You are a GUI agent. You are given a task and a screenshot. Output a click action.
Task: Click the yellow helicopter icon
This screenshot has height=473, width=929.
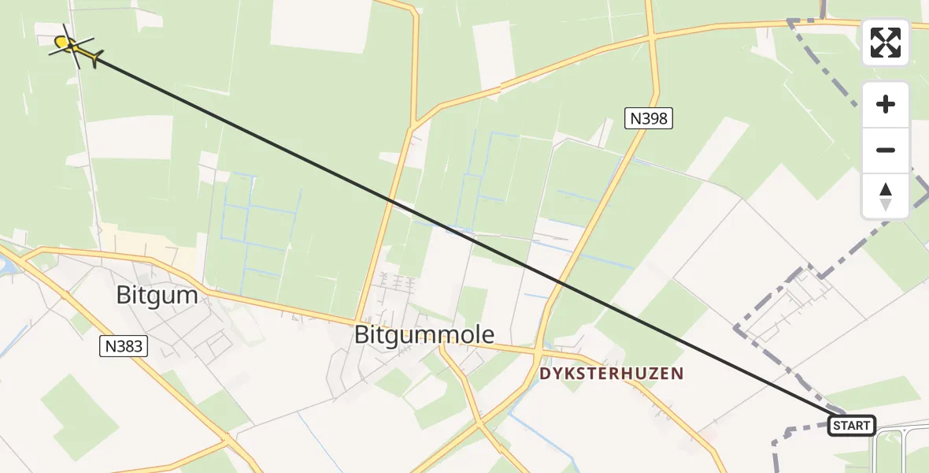74,47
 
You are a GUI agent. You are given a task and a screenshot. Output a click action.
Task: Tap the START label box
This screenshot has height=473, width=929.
852,426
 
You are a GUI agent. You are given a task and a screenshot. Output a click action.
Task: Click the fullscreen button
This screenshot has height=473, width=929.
886,43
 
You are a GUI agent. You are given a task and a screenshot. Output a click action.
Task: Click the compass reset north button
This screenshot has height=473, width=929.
886,196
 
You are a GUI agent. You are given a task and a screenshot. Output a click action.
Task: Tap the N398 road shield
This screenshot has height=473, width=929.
650,119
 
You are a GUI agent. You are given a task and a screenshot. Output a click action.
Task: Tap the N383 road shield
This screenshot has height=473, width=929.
124,345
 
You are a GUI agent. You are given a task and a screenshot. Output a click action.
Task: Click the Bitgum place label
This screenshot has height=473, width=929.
157,295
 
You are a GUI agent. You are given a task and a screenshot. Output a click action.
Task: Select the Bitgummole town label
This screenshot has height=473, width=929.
424,335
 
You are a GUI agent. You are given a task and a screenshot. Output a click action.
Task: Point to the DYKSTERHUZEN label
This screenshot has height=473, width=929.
611,374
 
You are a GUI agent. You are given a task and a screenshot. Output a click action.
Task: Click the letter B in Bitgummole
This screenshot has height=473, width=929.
362,335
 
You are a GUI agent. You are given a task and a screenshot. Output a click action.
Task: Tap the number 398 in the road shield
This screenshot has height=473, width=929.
655,119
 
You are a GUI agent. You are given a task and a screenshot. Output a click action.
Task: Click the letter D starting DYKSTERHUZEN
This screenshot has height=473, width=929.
544,374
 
